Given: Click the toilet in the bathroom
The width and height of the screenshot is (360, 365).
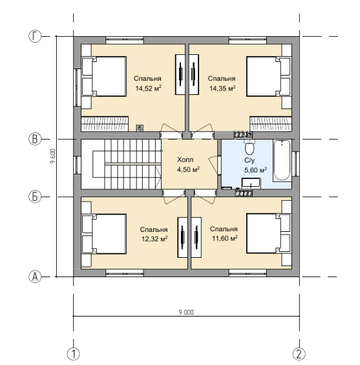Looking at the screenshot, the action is (x=249, y=147).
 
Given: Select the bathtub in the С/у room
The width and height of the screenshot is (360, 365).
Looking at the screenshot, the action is (x=282, y=160).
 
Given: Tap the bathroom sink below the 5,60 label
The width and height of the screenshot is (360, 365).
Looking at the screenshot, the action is (x=251, y=183).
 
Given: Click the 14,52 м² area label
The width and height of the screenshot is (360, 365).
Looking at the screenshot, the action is (x=149, y=89).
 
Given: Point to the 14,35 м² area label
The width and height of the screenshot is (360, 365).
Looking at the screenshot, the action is (x=222, y=89).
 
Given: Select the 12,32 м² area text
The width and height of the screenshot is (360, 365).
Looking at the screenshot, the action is (x=155, y=239).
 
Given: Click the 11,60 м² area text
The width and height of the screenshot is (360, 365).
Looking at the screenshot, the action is (x=225, y=238).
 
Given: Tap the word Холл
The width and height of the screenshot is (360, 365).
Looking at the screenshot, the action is (x=185, y=160).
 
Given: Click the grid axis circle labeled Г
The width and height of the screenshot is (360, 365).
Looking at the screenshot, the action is (x=35, y=37).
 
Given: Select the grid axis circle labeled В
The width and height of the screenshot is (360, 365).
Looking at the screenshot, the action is (x=35, y=139).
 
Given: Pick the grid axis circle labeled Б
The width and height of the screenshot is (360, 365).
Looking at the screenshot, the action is (x=35, y=196).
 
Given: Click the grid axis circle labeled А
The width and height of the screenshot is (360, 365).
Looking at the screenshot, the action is (x=35, y=276).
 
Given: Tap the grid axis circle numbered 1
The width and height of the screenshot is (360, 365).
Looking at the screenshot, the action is (x=73, y=354).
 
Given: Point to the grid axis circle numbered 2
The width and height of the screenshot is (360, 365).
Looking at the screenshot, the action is (x=299, y=354).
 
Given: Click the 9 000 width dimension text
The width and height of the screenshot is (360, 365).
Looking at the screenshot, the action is (x=186, y=312).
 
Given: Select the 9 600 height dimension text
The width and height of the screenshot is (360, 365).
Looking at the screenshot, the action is (x=53, y=156).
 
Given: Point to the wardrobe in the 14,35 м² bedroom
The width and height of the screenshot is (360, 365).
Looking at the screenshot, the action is (x=194, y=74).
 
